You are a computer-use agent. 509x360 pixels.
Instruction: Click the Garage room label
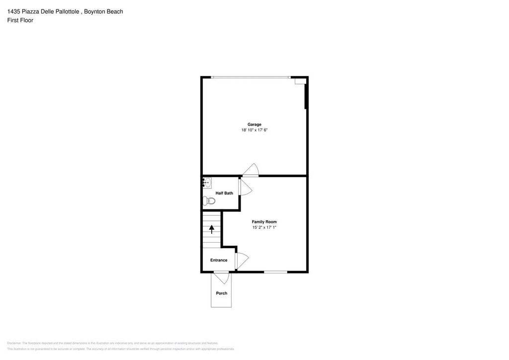254,124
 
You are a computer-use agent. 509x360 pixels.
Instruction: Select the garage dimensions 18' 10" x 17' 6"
254,130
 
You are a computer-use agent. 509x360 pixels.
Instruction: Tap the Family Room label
264,222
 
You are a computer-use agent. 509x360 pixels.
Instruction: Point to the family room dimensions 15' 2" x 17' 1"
264,227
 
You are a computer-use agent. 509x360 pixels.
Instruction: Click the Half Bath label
224,193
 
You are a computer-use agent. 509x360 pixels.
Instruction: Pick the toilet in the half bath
209,201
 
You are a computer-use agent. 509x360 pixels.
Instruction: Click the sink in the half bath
207,183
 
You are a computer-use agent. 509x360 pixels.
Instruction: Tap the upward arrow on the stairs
212,229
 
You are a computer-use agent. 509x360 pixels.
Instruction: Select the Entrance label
219,260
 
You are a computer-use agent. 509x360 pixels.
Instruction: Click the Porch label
221,293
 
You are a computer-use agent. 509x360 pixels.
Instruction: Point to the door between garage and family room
251,170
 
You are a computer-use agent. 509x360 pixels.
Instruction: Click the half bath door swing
245,187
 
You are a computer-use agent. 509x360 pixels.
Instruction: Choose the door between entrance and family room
241,261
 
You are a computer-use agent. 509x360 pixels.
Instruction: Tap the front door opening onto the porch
221,277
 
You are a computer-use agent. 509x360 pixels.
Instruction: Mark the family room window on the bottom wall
275,271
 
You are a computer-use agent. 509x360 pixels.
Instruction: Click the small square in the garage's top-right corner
300,81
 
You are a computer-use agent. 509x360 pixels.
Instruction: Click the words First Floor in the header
20,20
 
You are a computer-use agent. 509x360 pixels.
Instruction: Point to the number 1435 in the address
14,11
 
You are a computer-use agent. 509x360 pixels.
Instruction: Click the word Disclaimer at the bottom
14,343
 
